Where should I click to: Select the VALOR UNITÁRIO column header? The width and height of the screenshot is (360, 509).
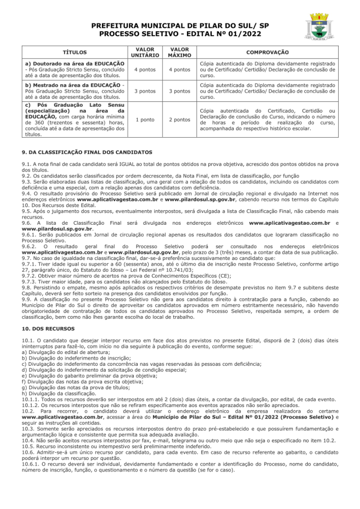[x=145, y=52]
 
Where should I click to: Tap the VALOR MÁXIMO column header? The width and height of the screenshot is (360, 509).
[x=180, y=52]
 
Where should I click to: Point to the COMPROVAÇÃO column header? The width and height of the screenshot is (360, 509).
[x=268, y=52]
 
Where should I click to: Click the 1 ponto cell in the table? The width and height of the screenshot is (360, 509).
[x=145, y=120]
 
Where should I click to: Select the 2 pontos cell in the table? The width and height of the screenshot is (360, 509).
[x=180, y=120]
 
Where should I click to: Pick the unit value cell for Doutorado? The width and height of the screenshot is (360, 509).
[x=145, y=70]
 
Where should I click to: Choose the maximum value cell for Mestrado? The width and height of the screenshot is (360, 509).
[x=180, y=91]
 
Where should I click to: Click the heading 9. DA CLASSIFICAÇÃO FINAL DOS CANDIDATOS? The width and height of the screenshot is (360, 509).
[x=87, y=152]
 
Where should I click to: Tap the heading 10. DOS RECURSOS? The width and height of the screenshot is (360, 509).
[x=48, y=329]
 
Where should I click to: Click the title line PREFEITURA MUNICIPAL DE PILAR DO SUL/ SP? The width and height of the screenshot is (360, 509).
[x=180, y=25]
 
